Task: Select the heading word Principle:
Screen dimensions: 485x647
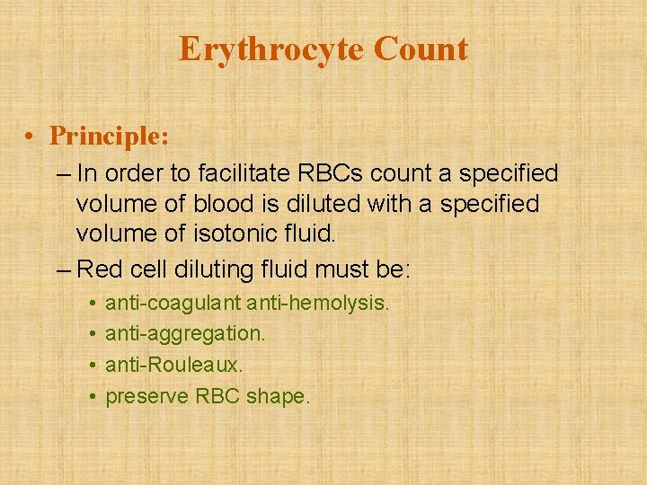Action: point(109,136)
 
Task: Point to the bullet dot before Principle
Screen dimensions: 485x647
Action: point(31,136)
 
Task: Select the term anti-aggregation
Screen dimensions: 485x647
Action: point(185,334)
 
